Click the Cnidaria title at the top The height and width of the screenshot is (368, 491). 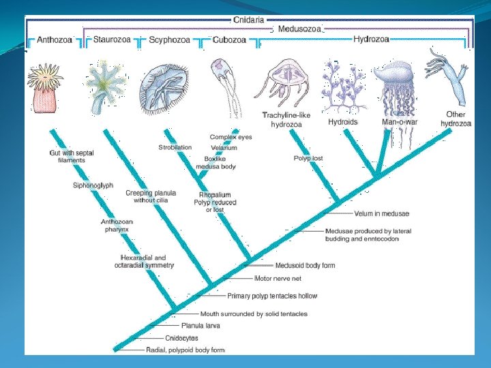click(250, 20)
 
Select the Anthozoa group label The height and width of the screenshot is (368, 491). click(53, 40)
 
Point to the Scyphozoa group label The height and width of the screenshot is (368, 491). click(168, 40)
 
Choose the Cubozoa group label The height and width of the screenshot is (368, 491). click(229, 40)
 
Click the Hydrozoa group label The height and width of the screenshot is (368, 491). click(371, 39)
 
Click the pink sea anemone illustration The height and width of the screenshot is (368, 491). click(46, 88)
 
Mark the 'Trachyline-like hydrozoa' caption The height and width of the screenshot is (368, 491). click(286, 119)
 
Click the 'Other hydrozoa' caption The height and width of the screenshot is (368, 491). click(455, 119)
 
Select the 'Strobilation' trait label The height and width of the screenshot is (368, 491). click(175, 147)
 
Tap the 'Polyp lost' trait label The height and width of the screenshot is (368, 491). click(308, 158)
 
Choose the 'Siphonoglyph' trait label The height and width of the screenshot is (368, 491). click(93, 185)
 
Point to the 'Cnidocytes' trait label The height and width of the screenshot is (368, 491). click(183, 338)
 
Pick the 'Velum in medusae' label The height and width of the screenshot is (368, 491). click(381, 214)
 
